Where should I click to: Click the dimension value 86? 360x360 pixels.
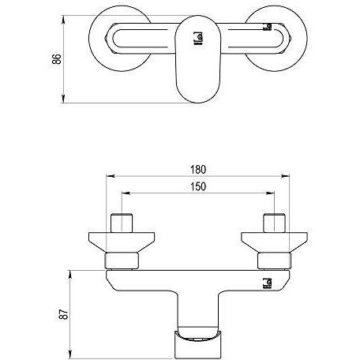(57, 59)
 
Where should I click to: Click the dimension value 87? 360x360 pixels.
(63, 314)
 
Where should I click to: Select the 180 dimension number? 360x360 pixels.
(198, 170)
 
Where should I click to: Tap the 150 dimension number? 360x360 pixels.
(198, 186)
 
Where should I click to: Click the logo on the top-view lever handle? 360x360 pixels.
(198, 39)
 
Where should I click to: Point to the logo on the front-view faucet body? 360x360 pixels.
(267, 283)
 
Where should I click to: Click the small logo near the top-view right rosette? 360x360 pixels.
(268, 27)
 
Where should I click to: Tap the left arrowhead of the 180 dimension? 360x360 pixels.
(111, 176)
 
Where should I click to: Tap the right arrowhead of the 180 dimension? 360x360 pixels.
(285, 176)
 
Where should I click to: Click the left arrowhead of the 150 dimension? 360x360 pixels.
(126, 193)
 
